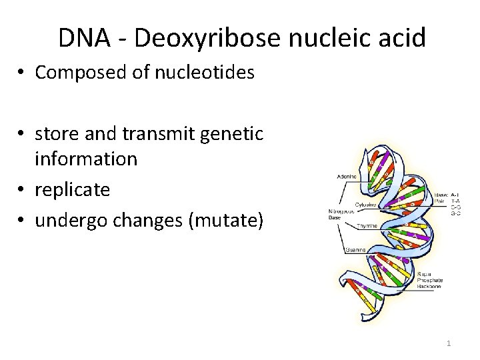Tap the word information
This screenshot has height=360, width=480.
86,159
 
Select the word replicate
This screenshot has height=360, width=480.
73,190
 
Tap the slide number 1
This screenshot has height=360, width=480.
448,343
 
